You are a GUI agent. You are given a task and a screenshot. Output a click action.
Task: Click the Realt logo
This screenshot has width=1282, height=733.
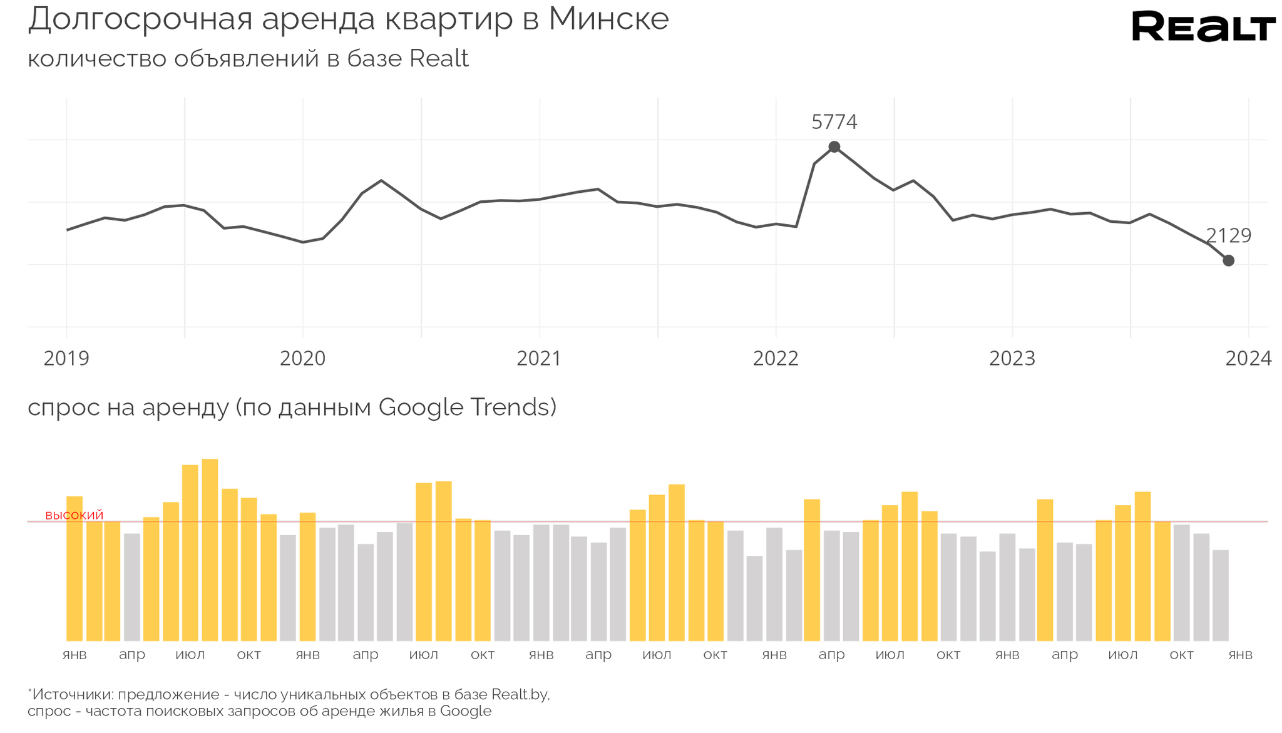1203,27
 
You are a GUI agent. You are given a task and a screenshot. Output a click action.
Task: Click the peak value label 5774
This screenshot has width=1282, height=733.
834,122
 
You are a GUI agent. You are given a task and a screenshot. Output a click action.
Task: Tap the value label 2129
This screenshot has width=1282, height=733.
1228,236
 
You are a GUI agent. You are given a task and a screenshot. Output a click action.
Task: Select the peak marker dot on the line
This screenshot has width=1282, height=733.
834,147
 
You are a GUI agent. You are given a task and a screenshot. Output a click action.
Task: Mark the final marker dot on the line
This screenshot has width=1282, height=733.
1228,260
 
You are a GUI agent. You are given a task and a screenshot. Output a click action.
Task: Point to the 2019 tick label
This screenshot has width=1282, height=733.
66,359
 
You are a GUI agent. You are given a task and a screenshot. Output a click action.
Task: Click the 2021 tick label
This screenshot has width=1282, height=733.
539,359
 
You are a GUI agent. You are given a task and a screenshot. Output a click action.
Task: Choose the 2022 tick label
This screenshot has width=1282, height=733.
776,359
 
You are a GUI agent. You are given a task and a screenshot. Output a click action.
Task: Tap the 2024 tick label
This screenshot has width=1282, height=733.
1248,359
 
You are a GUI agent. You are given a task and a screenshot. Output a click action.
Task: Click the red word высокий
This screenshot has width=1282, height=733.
74,515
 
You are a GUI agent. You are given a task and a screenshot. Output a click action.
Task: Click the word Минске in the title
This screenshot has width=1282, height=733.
608,19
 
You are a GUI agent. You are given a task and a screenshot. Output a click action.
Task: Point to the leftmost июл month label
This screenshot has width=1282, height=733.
190,655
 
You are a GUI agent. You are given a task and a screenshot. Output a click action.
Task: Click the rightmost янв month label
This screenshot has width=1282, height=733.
1240,655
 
